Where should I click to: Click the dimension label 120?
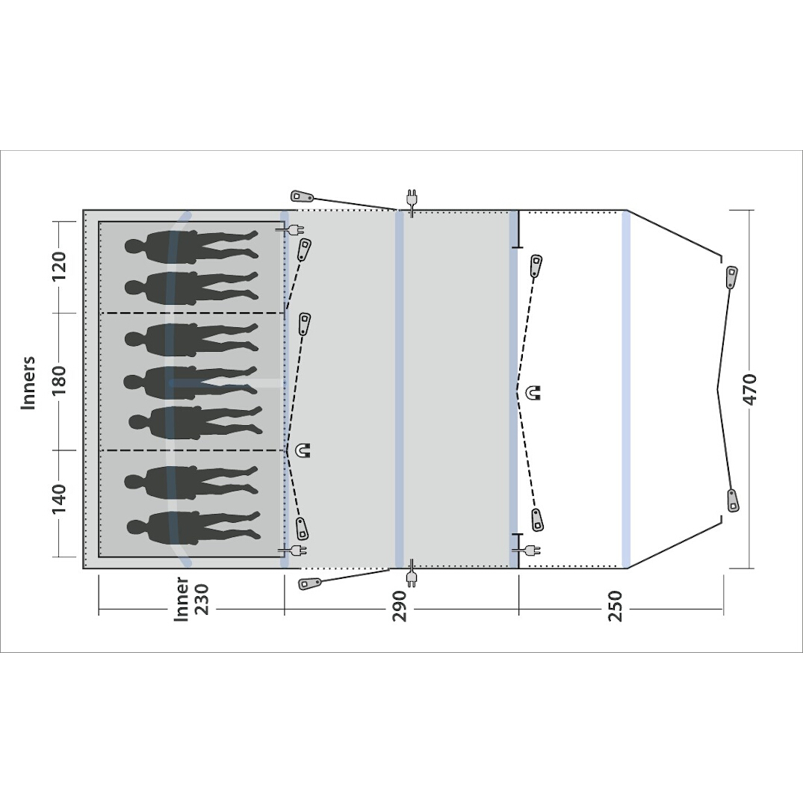pos(60,265)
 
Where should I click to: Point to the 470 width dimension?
pos(750,389)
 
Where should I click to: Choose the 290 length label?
pos(399,606)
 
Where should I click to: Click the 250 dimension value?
pos(615,606)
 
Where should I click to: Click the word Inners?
pos(28,382)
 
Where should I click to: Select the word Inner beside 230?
pos(182,599)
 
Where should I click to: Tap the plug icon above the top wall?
pos(411,201)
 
